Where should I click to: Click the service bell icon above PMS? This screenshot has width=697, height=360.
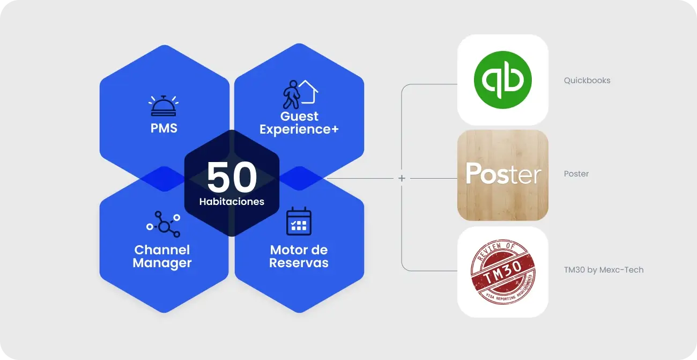tap(164, 106)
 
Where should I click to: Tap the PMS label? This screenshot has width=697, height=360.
tap(164, 129)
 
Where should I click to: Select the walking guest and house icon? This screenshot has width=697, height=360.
tap(300, 94)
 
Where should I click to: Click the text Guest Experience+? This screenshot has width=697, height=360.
tap(299, 123)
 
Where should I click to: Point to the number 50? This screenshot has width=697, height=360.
tap(232, 178)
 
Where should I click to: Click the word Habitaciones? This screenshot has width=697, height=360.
tap(232, 202)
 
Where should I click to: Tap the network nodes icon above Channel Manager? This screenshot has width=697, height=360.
tap(163, 224)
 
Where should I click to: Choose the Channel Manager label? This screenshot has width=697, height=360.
tap(162, 256)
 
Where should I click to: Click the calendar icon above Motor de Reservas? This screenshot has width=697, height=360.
tap(299, 221)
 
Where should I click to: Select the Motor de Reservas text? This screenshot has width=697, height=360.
tap(299, 256)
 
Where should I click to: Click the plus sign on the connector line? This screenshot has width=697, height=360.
tap(402, 178)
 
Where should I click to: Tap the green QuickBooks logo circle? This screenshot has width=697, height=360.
tap(502, 80)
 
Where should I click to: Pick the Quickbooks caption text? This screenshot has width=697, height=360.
tap(587, 80)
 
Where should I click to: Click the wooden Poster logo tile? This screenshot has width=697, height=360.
tap(502, 175)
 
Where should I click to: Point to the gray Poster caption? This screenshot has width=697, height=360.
tap(576, 174)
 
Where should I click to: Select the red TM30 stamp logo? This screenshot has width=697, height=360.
tap(502, 272)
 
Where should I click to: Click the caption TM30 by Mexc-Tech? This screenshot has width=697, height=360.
tap(604, 270)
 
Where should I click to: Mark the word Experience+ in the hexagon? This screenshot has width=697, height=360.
tap(299, 129)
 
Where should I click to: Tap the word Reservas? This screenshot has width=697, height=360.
tap(299, 263)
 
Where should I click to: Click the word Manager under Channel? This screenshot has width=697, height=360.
tap(162, 263)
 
